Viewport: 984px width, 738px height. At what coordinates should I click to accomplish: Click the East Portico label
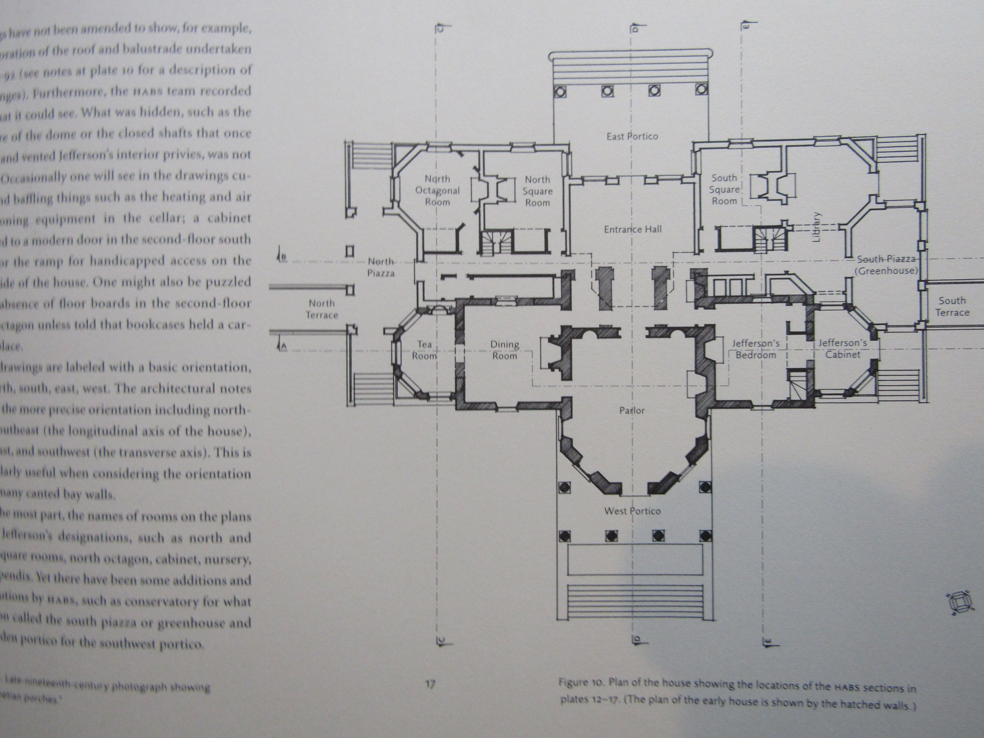(x=632, y=136)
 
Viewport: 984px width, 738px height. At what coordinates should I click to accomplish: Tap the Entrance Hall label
(x=632, y=229)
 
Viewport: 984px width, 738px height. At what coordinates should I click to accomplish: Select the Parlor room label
(x=632, y=410)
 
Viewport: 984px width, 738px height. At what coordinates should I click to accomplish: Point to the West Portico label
(x=632, y=511)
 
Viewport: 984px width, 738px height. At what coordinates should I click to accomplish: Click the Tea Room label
(x=424, y=350)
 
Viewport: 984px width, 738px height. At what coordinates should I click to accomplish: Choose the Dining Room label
(x=504, y=350)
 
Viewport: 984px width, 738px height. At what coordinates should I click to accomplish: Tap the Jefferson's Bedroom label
(x=756, y=349)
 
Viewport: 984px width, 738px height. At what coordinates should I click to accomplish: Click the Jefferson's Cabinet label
(x=843, y=349)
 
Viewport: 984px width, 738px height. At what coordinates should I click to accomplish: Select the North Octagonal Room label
(x=437, y=190)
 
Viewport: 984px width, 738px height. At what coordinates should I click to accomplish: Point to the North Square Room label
(x=537, y=191)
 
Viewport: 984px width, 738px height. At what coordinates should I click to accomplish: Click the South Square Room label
(x=724, y=189)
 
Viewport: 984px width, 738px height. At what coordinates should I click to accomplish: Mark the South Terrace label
(x=952, y=307)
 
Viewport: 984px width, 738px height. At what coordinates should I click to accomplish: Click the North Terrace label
(x=322, y=309)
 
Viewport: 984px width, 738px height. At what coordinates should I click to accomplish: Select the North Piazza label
(x=381, y=267)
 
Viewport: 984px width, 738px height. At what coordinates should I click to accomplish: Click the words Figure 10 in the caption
(x=579, y=683)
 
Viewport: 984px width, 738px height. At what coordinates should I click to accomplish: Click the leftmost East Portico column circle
(x=560, y=91)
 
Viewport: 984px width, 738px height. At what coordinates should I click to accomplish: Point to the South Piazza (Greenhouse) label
(x=886, y=265)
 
